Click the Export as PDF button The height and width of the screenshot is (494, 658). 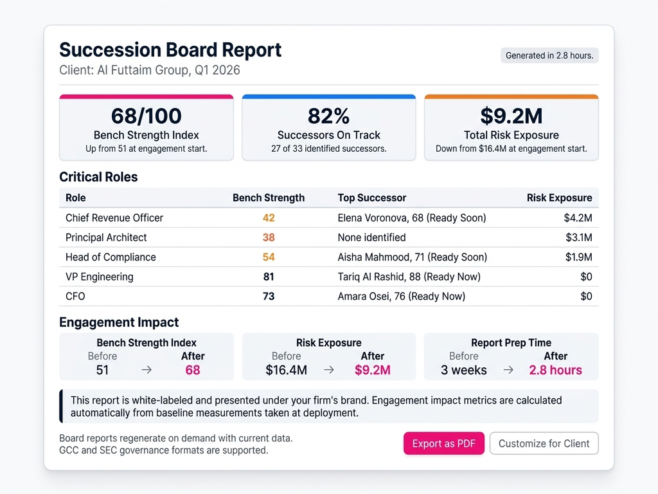[443, 443]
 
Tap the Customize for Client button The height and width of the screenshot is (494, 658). [544, 443]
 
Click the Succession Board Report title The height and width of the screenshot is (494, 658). [170, 50]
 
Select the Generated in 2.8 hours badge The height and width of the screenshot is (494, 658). [549, 55]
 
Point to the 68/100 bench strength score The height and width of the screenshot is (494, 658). [147, 116]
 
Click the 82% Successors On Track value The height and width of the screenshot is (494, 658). [328, 116]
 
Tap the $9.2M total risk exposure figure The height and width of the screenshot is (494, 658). [511, 116]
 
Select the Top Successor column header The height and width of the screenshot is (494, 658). [372, 197]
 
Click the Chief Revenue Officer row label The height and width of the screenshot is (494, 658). [114, 218]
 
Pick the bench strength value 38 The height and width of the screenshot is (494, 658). [269, 237]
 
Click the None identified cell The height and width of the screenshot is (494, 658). [371, 237]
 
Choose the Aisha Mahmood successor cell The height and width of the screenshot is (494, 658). [412, 257]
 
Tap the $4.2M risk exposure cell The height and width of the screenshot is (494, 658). [578, 218]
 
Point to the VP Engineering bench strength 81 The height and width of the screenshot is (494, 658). [269, 277]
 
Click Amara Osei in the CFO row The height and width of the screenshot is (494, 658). [401, 297]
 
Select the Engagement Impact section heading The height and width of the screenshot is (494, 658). [119, 322]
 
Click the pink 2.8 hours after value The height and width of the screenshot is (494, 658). [555, 370]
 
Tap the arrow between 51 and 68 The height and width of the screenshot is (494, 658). [147, 370]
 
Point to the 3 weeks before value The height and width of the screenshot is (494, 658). [464, 370]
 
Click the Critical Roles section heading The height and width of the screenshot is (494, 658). [98, 177]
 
